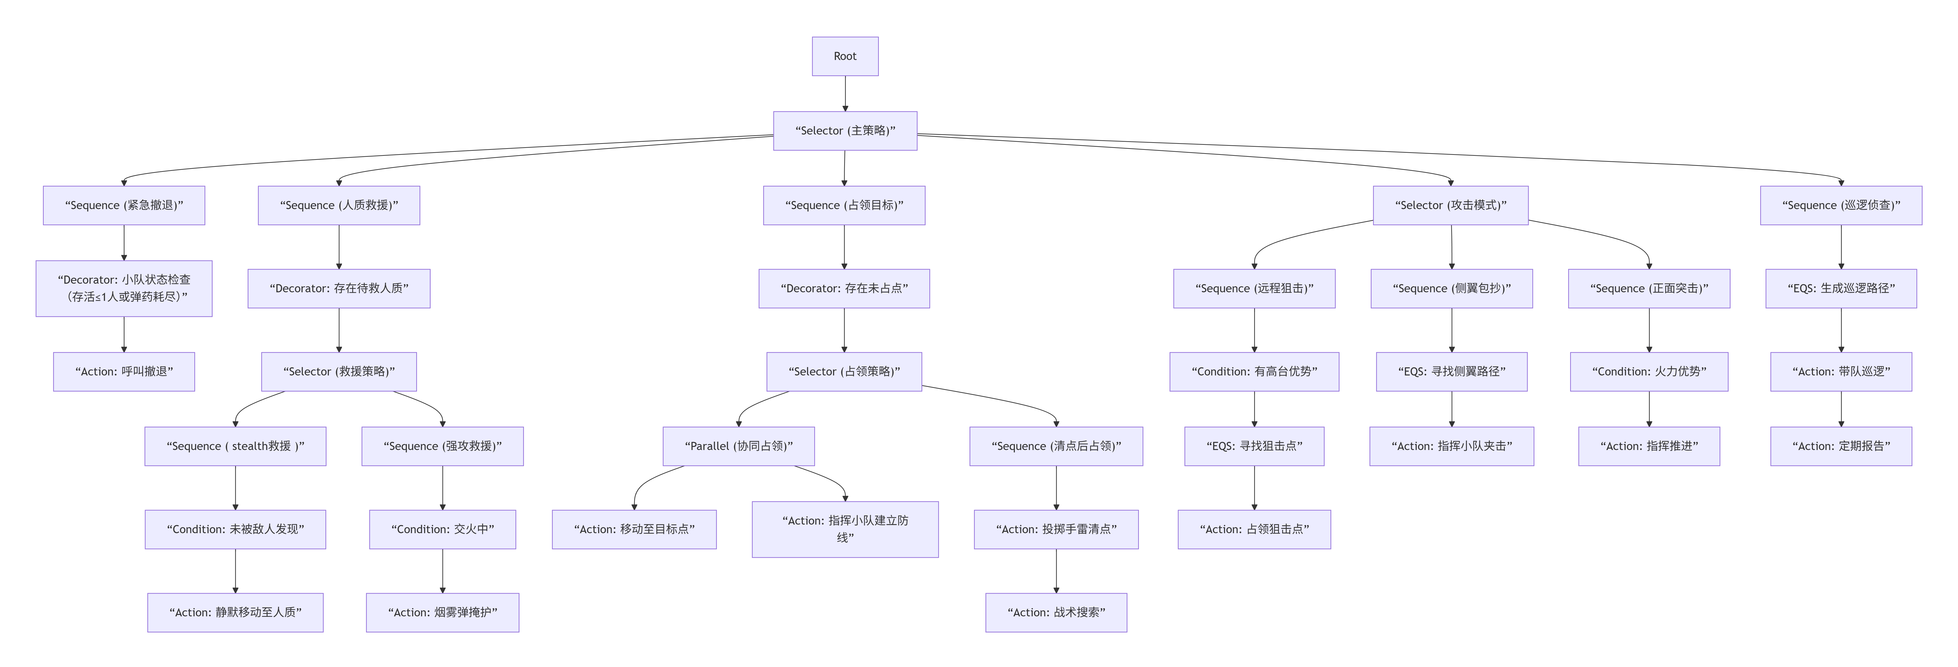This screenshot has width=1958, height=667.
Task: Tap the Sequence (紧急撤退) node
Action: (x=124, y=205)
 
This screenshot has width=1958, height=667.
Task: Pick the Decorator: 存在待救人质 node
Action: (x=339, y=288)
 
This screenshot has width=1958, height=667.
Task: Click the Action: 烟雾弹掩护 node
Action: (x=442, y=612)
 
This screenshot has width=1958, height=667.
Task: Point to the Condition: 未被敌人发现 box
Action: (x=236, y=529)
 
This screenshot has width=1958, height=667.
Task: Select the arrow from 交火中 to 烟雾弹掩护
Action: (x=442, y=570)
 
